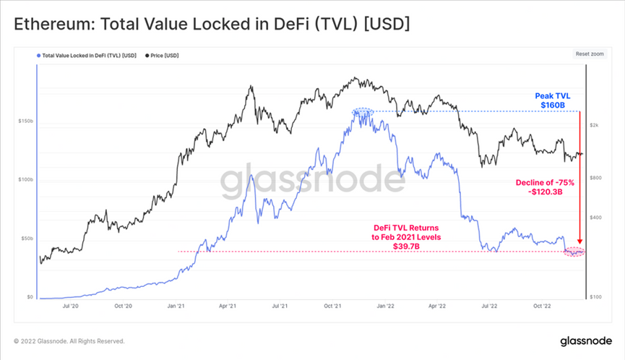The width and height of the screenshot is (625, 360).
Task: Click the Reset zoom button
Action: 590,54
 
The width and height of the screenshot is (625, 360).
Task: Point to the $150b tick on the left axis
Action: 25,121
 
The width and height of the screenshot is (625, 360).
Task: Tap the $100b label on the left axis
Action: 25,179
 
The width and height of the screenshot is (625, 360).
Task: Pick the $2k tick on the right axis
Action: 594,125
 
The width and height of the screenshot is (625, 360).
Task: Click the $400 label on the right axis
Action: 595,218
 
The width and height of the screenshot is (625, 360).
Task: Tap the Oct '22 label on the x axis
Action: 543,306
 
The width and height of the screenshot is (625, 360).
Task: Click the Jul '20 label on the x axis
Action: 71,306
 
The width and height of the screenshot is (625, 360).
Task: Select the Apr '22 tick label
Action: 438,306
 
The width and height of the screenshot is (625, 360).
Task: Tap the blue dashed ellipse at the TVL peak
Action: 363,112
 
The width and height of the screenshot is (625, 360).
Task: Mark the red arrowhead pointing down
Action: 580,241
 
